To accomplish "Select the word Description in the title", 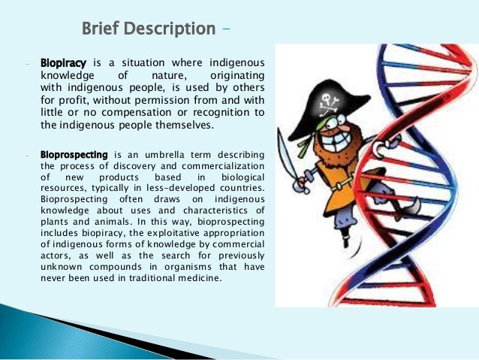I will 173,29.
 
